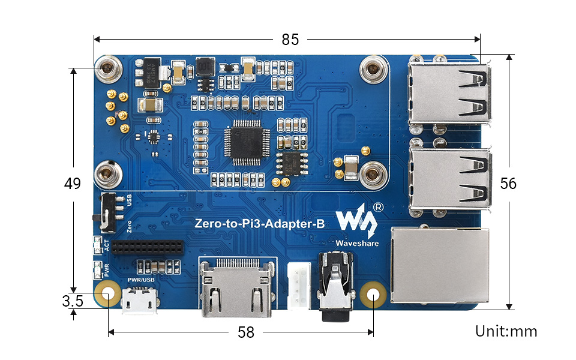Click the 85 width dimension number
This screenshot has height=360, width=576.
point(290,40)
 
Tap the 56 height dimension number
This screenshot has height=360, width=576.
point(508,184)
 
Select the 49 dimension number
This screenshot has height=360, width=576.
point(73,184)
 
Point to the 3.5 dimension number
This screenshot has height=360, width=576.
point(73,301)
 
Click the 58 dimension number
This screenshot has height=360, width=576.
point(246,332)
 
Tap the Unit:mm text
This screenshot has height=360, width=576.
point(506,331)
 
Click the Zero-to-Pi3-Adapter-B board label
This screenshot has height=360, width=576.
point(260,224)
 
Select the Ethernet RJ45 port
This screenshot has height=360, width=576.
point(440,265)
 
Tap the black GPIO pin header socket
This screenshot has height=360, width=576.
point(147,247)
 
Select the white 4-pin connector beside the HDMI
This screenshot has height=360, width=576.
point(296,286)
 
